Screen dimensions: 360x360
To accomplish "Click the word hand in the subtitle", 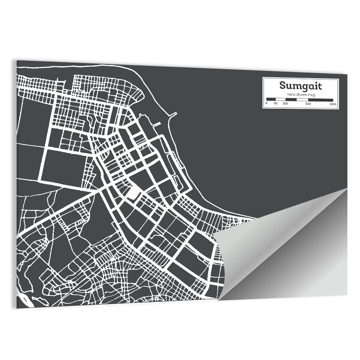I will point(291,94).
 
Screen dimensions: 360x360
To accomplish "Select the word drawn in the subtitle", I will point(300,94).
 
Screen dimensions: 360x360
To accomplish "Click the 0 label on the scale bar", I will point(266,104).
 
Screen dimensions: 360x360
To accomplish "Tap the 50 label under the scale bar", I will point(275,104).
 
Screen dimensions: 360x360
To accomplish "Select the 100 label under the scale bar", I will point(285,104).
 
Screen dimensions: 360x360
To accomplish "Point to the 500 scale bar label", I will point(308,104).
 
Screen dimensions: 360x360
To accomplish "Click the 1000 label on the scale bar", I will point(333,104).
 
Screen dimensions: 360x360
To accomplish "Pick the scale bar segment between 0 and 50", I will point(271,99).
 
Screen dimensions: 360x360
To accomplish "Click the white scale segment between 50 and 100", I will point(280,99).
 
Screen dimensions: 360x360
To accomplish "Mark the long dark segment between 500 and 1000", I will point(320,100).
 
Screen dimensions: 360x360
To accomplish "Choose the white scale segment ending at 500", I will point(302,99).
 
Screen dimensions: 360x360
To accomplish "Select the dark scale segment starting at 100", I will point(291,99).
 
